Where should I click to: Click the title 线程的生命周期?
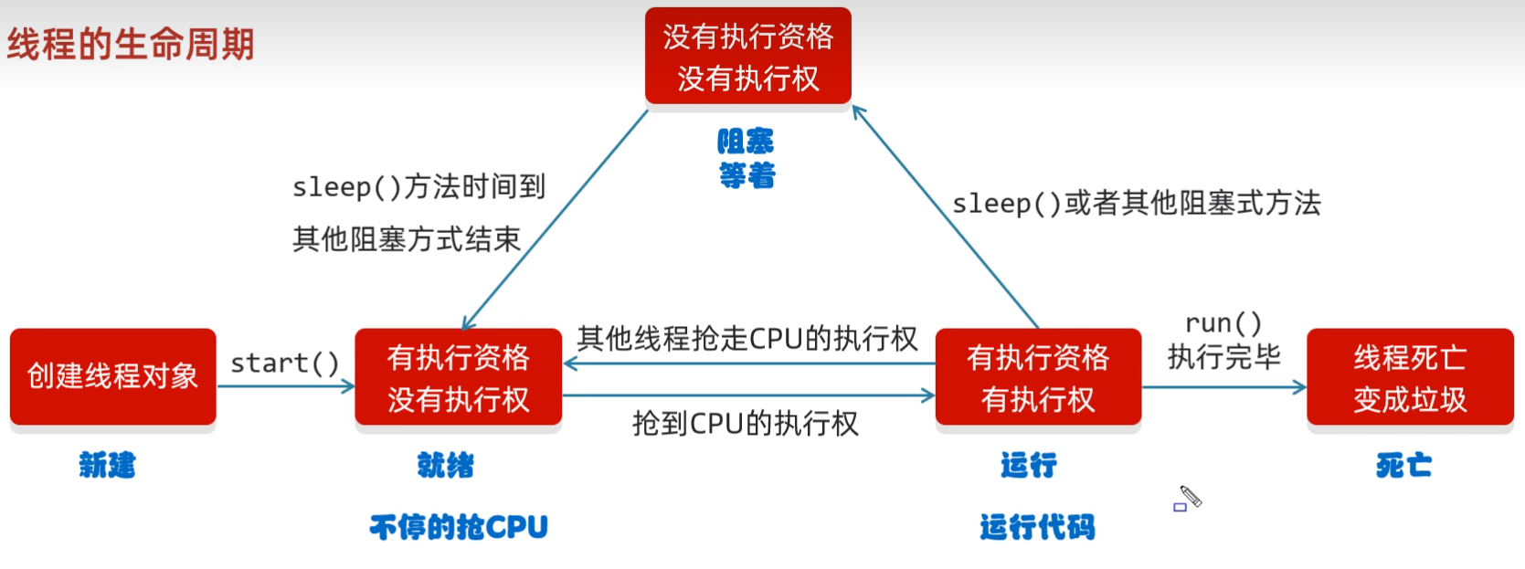(131, 44)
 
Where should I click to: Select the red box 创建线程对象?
(112, 376)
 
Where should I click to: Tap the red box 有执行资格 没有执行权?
(458, 377)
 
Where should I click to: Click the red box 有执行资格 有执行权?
(1038, 377)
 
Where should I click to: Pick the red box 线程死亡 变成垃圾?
(1410, 377)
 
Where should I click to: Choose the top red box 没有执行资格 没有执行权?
(747, 57)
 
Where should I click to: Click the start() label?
(284, 363)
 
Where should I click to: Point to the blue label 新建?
(107, 465)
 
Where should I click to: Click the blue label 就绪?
(446, 465)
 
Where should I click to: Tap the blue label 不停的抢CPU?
(458, 526)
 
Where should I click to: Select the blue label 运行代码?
(1037, 526)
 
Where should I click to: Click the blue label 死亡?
(1403, 465)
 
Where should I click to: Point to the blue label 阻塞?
(746, 141)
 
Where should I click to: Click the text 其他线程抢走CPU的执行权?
(747, 339)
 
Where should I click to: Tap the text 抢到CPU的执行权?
(745, 423)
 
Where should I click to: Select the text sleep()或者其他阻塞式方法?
(1136, 203)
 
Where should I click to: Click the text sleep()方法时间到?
(418, 186)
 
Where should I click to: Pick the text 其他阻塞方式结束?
(406, 239)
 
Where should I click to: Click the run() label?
(1223, 322)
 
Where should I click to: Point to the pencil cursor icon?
(1190, 497)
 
